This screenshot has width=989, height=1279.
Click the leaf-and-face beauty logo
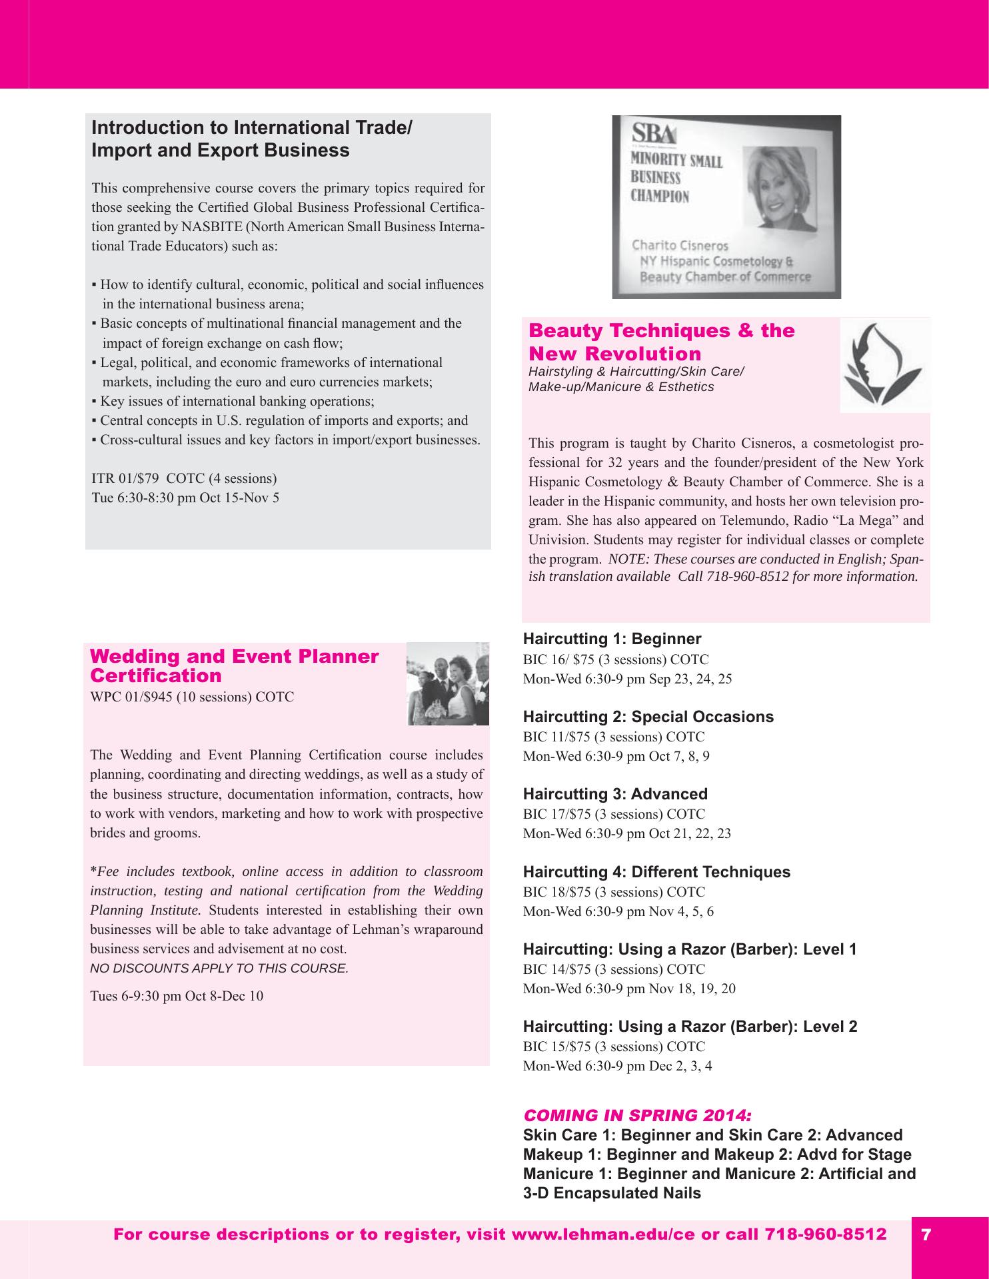(884, 365)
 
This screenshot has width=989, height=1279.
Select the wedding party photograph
(448, 684)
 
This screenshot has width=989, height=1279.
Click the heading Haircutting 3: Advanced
(615, 794)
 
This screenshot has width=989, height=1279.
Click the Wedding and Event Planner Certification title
(234, 666)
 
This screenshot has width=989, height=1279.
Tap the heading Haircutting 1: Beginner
(612, 639)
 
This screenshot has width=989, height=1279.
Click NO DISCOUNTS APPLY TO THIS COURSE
(219, 969)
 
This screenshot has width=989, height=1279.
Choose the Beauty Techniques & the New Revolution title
(661, 342)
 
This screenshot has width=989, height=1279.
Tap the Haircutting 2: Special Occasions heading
(648, 717)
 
